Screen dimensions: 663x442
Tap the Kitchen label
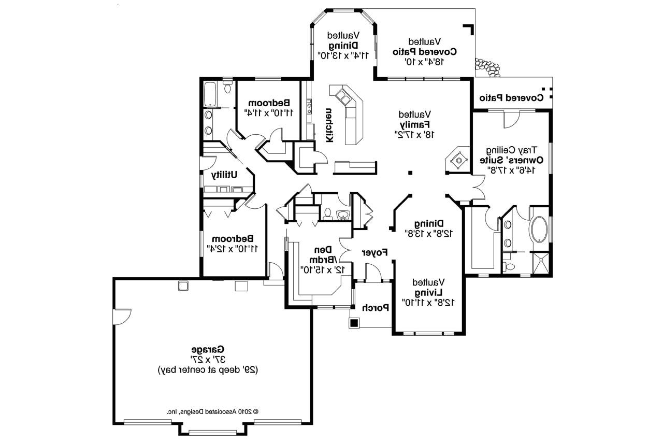[x=329, y=125]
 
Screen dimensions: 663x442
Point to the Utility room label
[x=224, y=175]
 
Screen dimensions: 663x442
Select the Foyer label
[x=374, y=252]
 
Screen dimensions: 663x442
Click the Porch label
[x=376, y=308]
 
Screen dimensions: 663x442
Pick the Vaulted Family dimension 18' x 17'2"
[x=414, y=135]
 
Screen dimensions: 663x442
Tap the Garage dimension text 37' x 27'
[x=208, y=360]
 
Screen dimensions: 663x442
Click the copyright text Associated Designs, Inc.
[x=213, y=411]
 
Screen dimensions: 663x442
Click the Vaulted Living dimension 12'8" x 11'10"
[x=428, y=303]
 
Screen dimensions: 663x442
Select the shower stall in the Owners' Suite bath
[x=541, y=263]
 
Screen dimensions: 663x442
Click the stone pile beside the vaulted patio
[x=487, y=67]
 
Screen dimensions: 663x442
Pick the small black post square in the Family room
[x=410, y=173]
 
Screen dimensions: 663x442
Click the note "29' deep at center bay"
[x=208, y=370]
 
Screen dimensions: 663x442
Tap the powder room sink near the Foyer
[x=343, y=215]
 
